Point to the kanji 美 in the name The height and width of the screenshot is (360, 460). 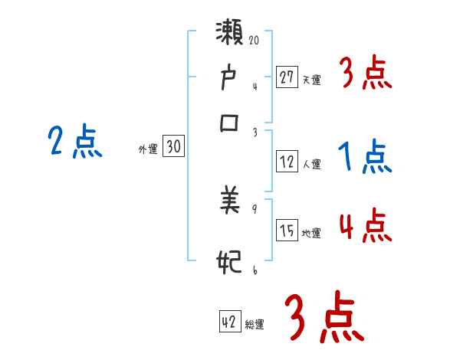[x=231, y=202]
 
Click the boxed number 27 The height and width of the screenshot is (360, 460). [x=287, y=77]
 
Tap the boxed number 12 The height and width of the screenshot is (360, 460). [x=287, y=162]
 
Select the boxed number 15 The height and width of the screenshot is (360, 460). [x=287, y=231]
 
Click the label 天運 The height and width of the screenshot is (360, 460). [x=311, y=79]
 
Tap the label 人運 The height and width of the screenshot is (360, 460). [x=311, y=164]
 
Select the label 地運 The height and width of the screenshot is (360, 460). [x=311, y=234]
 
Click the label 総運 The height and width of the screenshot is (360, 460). [x=255, y=325]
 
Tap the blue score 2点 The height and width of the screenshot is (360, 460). [x=74, y=142]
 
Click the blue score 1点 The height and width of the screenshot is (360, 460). [x=365, y=158]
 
